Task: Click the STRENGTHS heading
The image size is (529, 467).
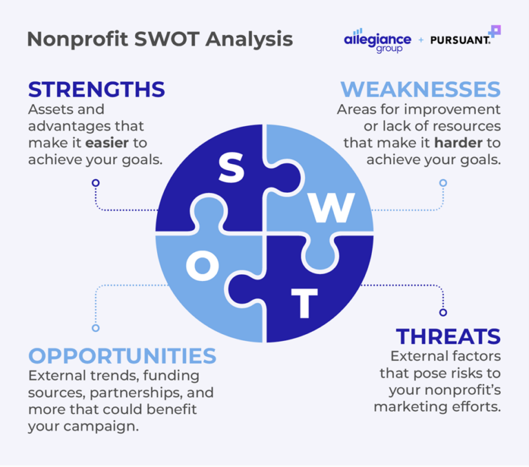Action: (96, 90)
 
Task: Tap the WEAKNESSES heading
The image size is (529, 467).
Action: (420, 90)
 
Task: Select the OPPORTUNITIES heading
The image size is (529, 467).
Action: (122, 355)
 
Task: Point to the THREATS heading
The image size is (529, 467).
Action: (448, 337)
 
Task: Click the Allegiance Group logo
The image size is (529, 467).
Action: (377, 41)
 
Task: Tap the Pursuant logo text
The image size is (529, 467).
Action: (459, 41)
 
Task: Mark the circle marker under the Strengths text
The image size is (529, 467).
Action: (96, 183)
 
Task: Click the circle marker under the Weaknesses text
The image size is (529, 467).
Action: (443, 183)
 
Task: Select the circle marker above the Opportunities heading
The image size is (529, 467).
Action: (96, 328)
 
